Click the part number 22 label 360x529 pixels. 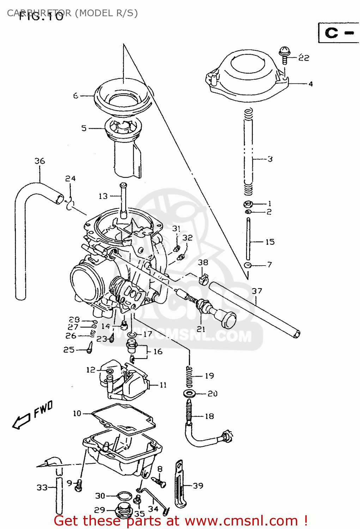coord(304,58)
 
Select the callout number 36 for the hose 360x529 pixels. coord(40,161)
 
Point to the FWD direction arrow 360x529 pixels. coord(22,420)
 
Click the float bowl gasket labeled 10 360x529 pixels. coord(123,418)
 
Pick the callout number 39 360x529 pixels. coord(198,486)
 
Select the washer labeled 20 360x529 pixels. coord(190,393)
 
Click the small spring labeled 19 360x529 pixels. coord(189,376)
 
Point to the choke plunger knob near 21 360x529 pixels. coord(226,319)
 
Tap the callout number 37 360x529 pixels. coord(257,291)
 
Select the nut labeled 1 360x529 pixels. coord(248,204)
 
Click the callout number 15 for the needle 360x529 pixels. coord(270,242)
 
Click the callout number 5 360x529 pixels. coord(84,128)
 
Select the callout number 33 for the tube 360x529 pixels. coord(42,487)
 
